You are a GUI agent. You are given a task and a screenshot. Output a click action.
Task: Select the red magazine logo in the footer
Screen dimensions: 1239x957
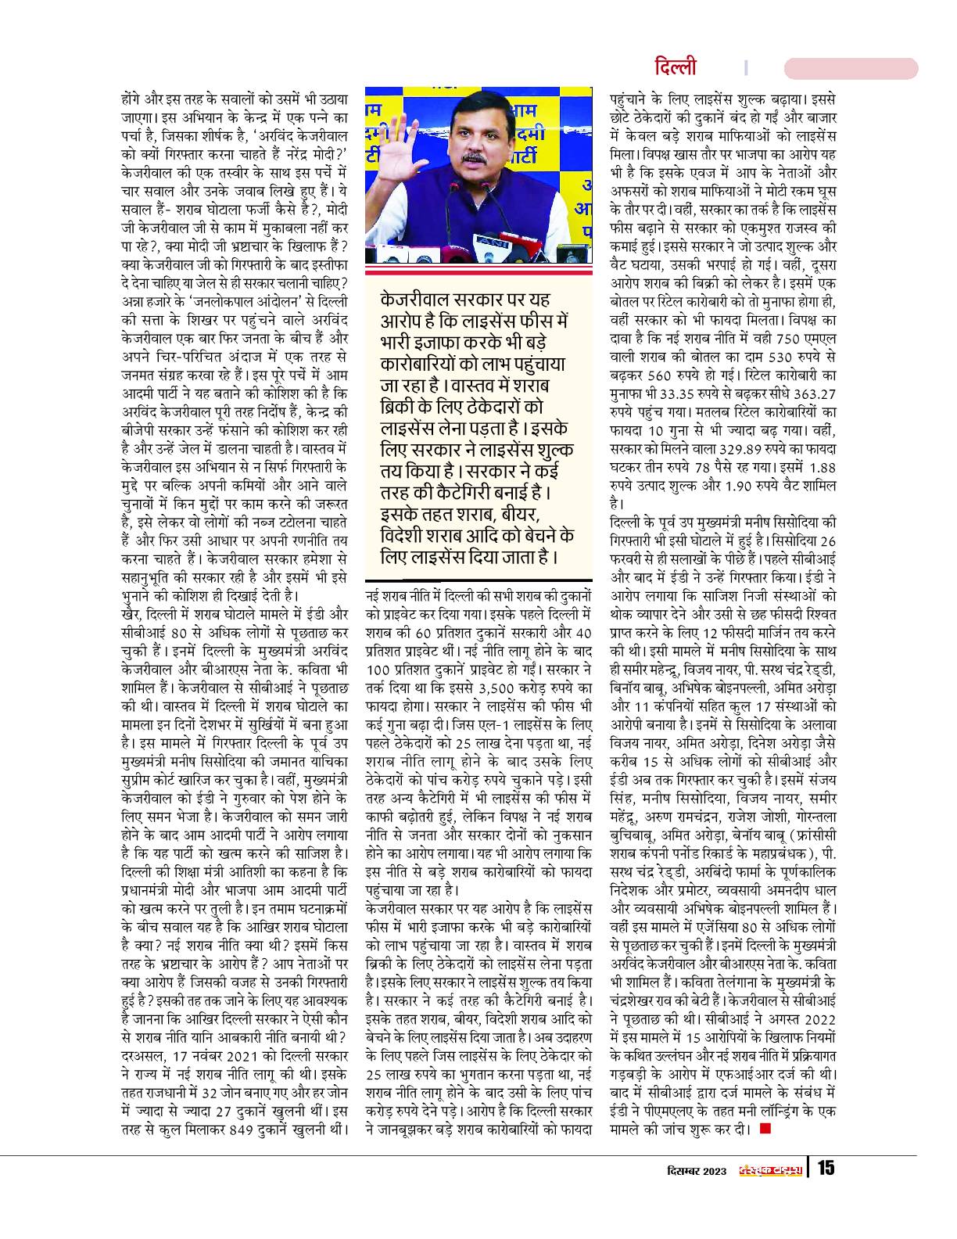pyautogui.click(x=770, y=1170)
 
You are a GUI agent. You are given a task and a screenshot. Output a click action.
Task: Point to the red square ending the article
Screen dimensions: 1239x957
pyautogui.click(x=764, y=1128)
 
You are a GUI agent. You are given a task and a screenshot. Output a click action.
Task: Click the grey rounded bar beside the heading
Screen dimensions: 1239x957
pyautogui.click(x=869, y=68)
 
